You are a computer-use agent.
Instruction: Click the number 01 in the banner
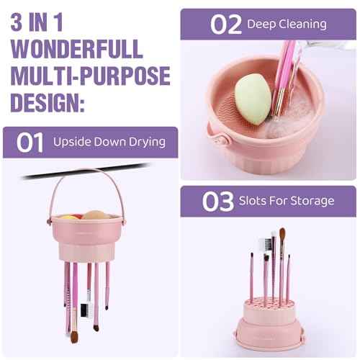point(30,142)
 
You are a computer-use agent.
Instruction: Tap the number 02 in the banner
point(225,24)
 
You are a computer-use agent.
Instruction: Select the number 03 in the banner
point(217,202)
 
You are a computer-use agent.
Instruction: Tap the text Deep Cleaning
point(287,24)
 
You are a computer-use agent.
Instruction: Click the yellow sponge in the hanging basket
point(68,216)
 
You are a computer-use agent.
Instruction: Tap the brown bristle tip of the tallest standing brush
point(282,235)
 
